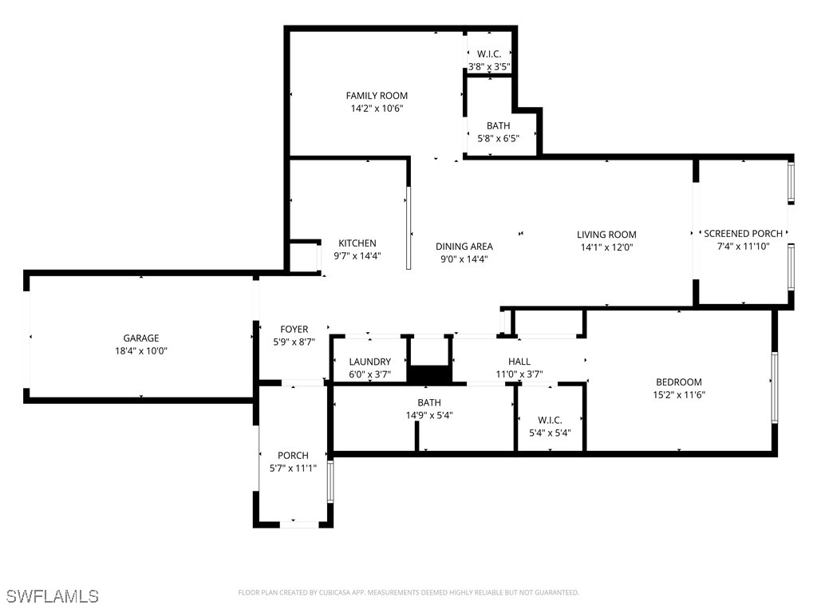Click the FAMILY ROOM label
(x=377, y=96)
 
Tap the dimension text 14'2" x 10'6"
(x=377, y=109)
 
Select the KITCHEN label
(x=357, y=243)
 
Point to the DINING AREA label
(x=464, y=247)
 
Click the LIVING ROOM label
(x=606, y=235)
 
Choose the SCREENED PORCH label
(x=743, y=234)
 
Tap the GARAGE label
(x=140, y=338)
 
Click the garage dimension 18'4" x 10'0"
(x=140, y=351)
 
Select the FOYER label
(x=294, y=330)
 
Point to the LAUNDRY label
(x=369, y=362)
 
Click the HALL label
(x=519, y=362)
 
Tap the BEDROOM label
(x=679, y=382)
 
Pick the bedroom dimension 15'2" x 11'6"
(x=679, y=395)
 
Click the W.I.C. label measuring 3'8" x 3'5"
(x=488, y=54)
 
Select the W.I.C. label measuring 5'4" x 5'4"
(x=550, y=420)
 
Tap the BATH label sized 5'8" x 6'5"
(x=498, y=126)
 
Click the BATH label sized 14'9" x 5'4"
(x=428, y=403)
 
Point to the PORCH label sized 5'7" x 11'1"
(x=293, y=456)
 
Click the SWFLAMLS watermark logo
(x=53, y=596)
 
